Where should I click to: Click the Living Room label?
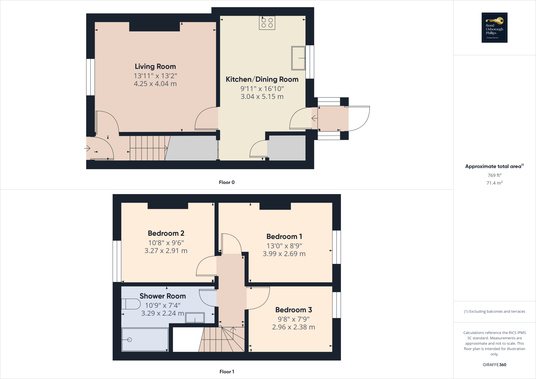[155, 66]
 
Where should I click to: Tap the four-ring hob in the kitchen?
[267, 23]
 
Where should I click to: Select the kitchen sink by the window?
[298, 58]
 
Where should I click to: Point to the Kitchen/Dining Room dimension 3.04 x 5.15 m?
[262, 97]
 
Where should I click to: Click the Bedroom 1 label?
[284, 237]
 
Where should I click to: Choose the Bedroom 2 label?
[166, 233]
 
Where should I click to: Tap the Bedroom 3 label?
[294, 310]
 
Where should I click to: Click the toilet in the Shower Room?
[131, 304]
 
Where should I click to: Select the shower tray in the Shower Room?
[145, 340]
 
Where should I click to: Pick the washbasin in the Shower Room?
[195, 318]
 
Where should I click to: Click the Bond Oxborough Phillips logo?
[494, 27]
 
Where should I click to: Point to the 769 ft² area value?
[494, 175]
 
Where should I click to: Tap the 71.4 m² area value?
[494, 183]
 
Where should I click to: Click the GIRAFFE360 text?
[494, 365]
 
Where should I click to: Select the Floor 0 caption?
[227, 182]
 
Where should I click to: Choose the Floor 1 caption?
[227, 372]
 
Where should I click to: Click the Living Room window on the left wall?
[91, 77]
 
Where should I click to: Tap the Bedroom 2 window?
[117, 261]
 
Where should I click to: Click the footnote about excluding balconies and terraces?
[494, 311]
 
